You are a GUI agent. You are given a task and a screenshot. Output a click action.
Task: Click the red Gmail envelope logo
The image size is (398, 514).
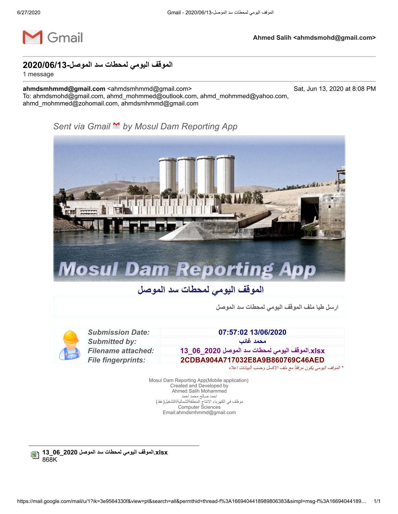32,37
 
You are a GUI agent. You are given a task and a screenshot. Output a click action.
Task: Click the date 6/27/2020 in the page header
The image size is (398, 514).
29,12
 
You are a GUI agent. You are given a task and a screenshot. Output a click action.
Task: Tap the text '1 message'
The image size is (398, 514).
38,74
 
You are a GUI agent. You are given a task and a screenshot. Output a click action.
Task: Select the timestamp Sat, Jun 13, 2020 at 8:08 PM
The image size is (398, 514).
335,89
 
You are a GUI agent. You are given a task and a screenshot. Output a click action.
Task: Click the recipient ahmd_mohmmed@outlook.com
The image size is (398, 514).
152,96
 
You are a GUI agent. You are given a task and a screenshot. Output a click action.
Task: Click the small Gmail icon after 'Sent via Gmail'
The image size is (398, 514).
116,126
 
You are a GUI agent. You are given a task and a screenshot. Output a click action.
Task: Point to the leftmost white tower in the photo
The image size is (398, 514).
168,176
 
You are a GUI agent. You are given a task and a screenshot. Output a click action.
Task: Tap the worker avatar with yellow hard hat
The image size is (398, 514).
70,345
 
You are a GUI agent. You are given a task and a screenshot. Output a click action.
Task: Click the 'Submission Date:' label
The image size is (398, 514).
119,332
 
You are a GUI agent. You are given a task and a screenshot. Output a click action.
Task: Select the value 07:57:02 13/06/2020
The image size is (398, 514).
252,332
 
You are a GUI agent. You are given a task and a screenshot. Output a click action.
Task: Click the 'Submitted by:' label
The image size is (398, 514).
112,341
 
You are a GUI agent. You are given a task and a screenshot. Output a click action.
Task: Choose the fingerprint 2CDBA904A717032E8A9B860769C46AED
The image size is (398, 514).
252,360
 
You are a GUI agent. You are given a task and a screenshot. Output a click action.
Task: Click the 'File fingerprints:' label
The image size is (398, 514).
116,360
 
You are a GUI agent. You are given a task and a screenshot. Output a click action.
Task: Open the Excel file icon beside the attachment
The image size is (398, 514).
35,455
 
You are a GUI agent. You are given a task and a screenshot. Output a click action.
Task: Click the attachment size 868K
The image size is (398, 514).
50,459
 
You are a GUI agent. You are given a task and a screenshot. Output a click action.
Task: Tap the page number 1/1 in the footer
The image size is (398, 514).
377,501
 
